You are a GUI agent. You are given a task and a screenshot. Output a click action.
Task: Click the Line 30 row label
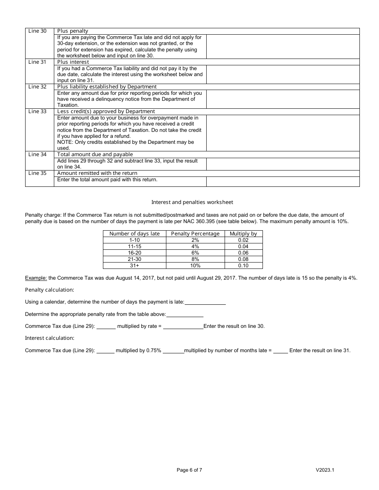37,31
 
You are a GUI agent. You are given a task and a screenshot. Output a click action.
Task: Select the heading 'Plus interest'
73,62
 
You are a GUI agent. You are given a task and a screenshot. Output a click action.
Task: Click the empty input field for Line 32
282,99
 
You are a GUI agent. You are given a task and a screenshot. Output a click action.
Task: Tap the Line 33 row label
37,112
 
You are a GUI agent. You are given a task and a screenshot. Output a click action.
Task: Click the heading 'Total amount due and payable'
95,155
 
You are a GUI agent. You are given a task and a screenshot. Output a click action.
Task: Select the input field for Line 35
282,182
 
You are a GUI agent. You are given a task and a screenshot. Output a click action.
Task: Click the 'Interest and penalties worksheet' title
192,202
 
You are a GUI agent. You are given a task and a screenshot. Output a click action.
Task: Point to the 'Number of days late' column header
134,234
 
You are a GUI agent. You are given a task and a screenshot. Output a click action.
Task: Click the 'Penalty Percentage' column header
195,234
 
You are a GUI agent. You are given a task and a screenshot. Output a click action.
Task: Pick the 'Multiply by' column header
243,234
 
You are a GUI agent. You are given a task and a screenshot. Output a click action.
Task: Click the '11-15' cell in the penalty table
134,247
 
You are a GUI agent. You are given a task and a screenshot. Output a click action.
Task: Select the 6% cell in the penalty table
195,253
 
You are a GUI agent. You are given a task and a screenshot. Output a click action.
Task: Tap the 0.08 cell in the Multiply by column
243,259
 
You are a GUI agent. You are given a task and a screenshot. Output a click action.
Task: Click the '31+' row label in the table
134,266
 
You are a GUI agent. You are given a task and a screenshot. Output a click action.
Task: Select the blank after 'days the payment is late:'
205,302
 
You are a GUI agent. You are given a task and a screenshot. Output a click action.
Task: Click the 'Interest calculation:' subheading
49,338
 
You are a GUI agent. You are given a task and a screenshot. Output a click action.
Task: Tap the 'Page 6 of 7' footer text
189,470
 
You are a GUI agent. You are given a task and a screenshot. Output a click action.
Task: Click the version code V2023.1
325,470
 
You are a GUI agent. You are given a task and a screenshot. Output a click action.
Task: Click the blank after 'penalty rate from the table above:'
185,315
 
